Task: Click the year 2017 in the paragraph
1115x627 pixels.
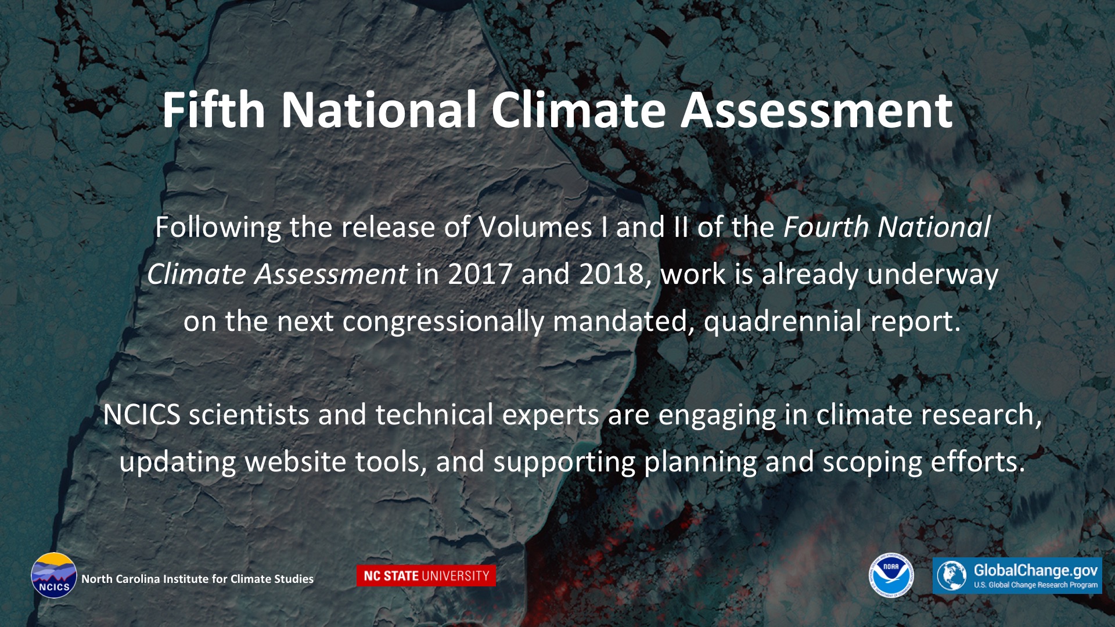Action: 480,274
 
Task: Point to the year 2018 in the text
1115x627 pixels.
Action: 613,274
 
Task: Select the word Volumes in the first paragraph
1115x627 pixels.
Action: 535,227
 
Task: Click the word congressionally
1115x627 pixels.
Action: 443,321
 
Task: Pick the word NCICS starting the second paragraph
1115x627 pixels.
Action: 142,415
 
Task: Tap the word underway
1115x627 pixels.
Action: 933,274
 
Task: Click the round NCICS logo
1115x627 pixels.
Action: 54,575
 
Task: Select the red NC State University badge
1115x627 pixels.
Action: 426,576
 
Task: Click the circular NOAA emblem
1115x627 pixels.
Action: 891,575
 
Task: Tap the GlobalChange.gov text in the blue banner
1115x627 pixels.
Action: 1035,570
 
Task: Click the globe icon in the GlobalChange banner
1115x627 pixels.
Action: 951,576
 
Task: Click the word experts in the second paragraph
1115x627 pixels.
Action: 551,415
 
